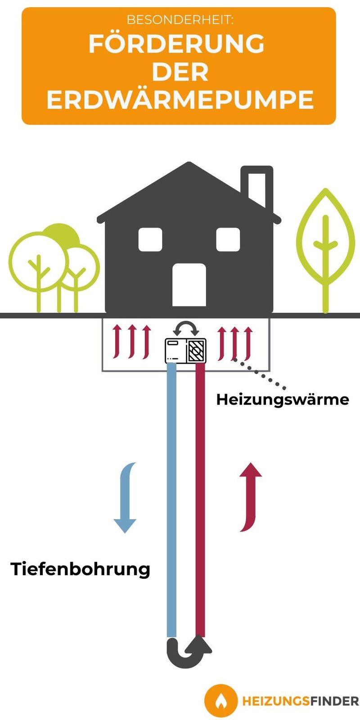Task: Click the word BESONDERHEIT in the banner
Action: click(180, 20)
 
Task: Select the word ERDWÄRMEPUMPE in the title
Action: click(180, 99)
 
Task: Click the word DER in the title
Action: click(180, 72)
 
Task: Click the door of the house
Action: click(189, 285)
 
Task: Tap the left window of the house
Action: click(150, 239)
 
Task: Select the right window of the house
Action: click(228, 239)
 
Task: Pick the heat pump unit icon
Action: click(185, 351)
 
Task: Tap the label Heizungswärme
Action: click(283, 400)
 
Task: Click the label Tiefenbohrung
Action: click(81, 569)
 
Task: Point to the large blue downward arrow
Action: click(126, 498)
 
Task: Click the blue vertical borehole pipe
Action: click(171, 500)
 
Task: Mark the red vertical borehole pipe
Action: click(200, 500)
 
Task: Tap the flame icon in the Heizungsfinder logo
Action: click(220, 701)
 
